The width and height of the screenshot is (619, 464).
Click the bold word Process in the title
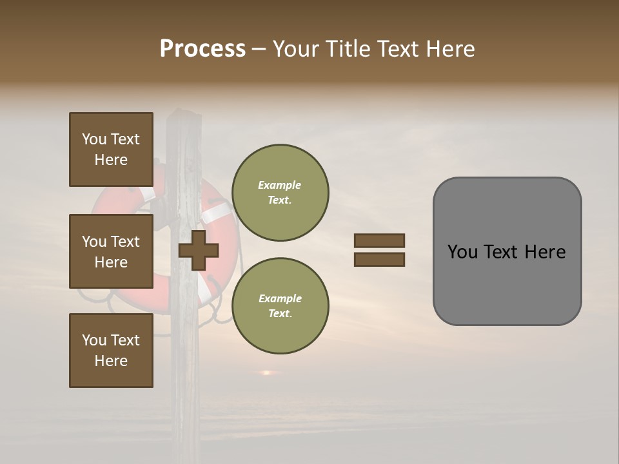point(202,49)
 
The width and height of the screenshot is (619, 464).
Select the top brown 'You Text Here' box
point(111,150)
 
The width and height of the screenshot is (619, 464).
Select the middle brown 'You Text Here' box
point(111,251)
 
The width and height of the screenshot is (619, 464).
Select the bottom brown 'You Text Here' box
point(111,351)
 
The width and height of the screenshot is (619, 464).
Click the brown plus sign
point(199,250)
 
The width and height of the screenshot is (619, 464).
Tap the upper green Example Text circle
point(280,193)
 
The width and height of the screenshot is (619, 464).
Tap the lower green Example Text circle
point(280,306)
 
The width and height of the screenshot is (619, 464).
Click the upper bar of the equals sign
point(379,240)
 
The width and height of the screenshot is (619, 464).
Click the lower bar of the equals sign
point(379,260)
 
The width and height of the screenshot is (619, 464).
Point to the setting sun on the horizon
point(265,372)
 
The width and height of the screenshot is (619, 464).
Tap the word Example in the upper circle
point(280,185)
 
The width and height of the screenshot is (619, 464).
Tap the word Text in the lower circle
point(280,314)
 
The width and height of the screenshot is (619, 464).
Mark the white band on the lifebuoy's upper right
point(218,212)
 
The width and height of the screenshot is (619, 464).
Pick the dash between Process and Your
point(259,49)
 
